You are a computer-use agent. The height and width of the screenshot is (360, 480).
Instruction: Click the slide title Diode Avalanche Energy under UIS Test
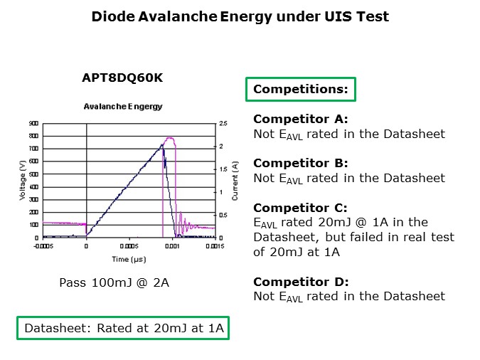pyautogui.click(x=240, y=16)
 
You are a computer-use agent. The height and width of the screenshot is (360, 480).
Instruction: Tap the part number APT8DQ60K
pyautogui.click(x=122, y=78)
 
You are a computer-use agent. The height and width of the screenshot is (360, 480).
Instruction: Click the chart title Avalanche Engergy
pyautogui.click(x=122, y=107)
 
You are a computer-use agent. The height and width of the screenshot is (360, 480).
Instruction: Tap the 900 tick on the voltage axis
pyautogui.click(x=33, y=123)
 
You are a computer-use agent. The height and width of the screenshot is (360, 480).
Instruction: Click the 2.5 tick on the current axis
pyautogui.click(x=223, y=124)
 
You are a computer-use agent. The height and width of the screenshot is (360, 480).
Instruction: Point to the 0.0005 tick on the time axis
pyautogui.click(x=129, y=246)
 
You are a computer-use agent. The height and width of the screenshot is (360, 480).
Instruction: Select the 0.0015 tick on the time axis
pyautogui.click(x=215, y=246)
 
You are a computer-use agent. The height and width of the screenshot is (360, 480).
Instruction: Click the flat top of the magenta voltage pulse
pyautogui.click(x=170, y=138)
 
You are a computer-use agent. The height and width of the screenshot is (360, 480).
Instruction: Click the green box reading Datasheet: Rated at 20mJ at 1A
pyautogui.click(x=123, y=328)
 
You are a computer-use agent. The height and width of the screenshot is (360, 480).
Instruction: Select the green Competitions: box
pyautogui.click(x=300, y=89)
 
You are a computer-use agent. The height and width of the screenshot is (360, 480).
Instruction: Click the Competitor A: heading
pyautogui.click(x=301, y=120)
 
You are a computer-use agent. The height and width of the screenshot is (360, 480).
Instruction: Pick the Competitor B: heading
pyautogui.click(x=301, y=164)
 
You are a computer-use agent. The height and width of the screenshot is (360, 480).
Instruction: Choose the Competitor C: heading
pyautogui.click(x=301, y=208)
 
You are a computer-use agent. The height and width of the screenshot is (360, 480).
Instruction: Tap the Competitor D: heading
pyautogui.click(x=301, y=282)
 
